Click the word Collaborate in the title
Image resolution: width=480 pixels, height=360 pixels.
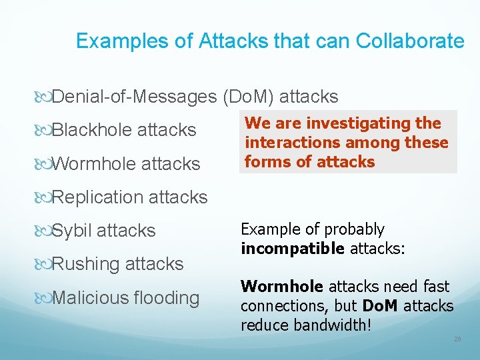pos(410,41)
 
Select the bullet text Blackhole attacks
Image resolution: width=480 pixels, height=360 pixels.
pos(123,129)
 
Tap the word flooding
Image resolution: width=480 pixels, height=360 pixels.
pos(168,297)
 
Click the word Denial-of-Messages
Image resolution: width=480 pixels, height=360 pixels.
pos(133,97)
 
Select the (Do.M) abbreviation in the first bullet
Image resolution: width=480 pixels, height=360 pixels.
pos(248,97)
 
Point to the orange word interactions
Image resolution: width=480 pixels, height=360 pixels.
pos(289,143)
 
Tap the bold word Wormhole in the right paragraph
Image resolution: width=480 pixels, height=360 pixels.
pos(282,287)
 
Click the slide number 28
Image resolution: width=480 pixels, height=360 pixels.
pos(457,339)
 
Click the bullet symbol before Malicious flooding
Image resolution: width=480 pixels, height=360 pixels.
pos(46,298)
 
